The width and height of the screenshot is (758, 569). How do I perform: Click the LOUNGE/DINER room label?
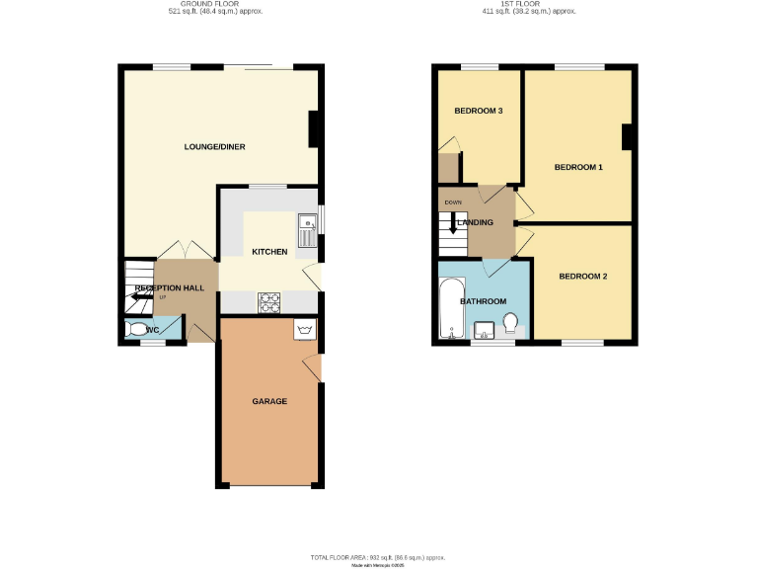[214, 147]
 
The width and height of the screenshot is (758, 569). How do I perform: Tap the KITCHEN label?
[269, 252]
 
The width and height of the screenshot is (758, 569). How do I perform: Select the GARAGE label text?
[269, 401]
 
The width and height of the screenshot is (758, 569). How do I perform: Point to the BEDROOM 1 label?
[578, 167]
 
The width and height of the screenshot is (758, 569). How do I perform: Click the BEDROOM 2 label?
[582, 276]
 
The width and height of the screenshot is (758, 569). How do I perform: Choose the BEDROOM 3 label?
[479, 111]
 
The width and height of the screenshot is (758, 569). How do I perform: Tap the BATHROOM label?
[485, 301]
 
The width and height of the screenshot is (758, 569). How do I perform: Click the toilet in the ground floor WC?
[137, 330]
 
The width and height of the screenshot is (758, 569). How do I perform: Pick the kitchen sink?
[309, 230]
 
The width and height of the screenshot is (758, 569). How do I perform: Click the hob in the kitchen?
[269, 301]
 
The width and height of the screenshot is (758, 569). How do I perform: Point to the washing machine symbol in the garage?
[304, 330]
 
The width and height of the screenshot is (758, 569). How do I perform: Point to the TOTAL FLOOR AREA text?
[378, 558]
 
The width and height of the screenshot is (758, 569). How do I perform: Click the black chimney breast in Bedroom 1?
[626, 138]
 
